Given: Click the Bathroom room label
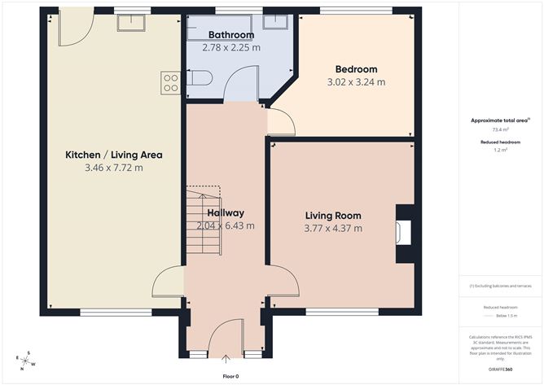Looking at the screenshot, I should [x=230, y=35].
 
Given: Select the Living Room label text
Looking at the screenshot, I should [x=333, y=216].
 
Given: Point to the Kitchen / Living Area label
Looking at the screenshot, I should [x=114, y=155].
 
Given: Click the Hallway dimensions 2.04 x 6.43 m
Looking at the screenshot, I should [x=226, y=225].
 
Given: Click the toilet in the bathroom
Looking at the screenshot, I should [x=200, y=78].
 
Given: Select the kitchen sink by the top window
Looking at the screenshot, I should [x=130, y=23].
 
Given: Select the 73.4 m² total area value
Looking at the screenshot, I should [x=500, y=129].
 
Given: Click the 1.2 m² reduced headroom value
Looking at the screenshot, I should [x=500, y=151].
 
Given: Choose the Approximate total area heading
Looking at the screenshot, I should [x=499, y=120].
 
